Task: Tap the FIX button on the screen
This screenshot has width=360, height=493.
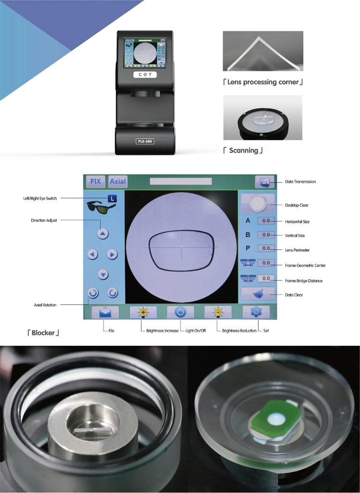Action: tap(96, 181)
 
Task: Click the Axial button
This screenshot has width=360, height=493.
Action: tap(118, 181)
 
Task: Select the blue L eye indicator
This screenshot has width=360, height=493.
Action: tap(112, 199)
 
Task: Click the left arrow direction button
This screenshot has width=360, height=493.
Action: tap(93, 254)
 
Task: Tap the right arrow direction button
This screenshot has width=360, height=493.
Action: tap(112, 254)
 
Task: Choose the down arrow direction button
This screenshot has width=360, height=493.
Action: tap(103, 274)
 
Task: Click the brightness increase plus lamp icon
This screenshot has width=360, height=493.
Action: tap(143, 312)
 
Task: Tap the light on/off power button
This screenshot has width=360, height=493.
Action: tap(180, 312)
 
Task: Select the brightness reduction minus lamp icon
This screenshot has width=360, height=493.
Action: tap(218, 312)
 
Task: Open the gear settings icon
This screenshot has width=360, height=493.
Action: tap(256, 312)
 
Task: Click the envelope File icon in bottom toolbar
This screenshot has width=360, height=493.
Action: tap(105, 312)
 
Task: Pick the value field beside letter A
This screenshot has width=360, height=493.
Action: tap(266, 221)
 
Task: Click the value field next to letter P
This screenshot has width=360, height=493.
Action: tap(266, 248)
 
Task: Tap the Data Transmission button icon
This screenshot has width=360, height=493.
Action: tap(264, 182)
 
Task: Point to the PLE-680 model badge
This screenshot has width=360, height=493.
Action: tap(145, 141)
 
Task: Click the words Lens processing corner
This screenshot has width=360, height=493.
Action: tap(263, 82)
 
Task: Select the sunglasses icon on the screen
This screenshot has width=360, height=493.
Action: tap(101, 207)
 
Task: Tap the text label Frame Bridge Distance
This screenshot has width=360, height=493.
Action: tap(304, 281)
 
